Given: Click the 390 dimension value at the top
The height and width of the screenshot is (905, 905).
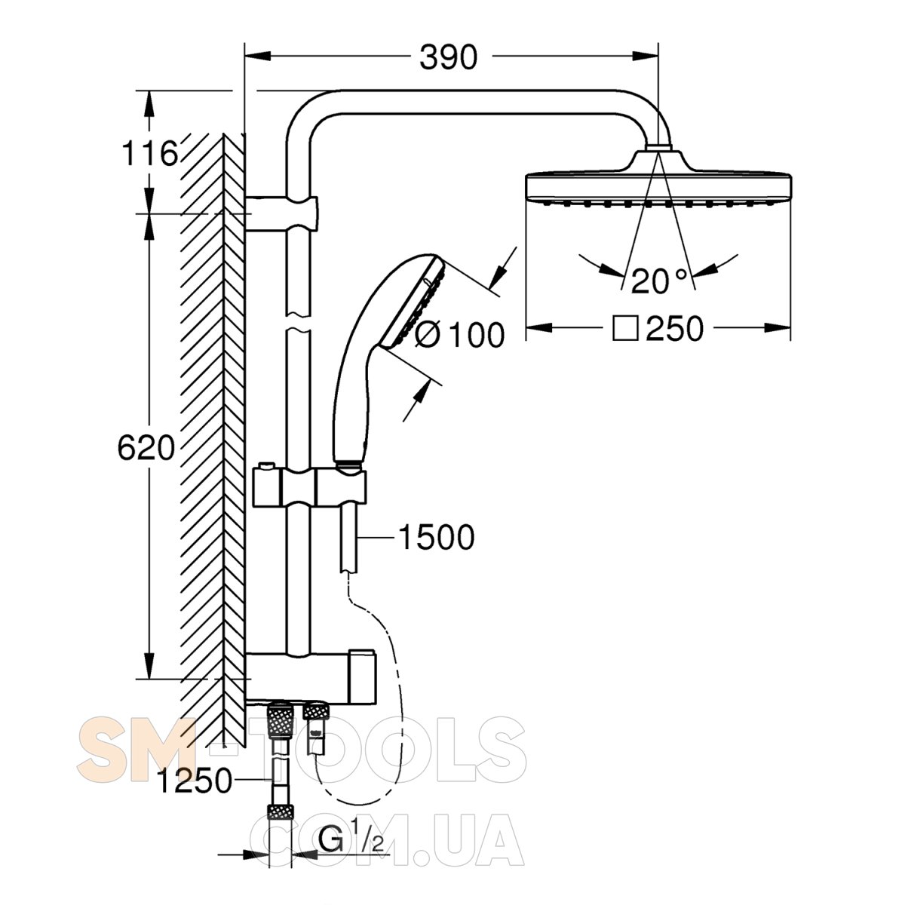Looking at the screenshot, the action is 448,57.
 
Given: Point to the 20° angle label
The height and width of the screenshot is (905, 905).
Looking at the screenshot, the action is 659,281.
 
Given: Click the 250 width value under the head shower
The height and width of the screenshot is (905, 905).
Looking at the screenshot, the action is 675,328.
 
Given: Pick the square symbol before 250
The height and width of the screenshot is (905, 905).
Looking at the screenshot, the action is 625,328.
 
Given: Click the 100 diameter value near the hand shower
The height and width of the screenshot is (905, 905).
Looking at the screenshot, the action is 477,336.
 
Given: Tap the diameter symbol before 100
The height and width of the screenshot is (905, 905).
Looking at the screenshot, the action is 428,335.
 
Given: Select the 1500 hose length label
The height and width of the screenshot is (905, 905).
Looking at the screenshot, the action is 437,537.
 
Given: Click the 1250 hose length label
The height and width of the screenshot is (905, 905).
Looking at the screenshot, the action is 195,781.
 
